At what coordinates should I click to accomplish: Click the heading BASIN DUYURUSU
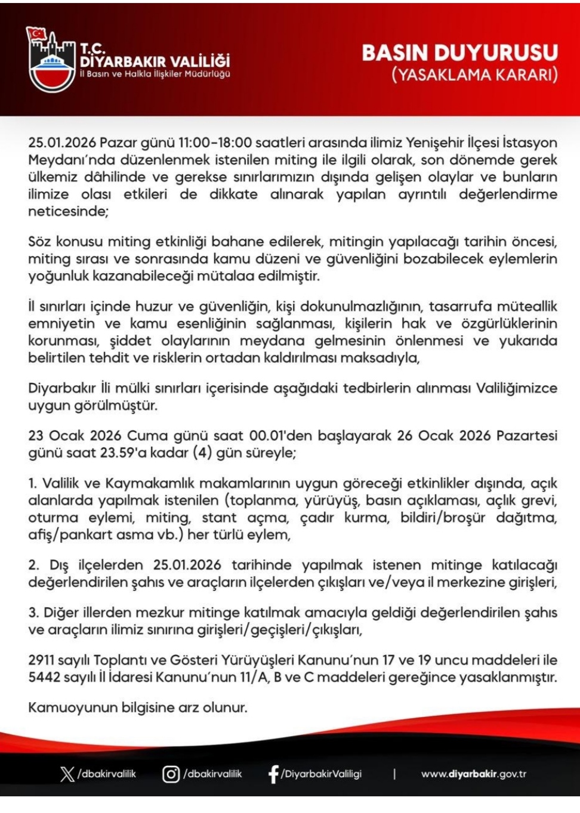click(x=459, y=53)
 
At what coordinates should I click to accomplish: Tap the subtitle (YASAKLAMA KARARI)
click(x=474, y=75)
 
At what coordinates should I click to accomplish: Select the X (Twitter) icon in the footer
click(x=67, y=774)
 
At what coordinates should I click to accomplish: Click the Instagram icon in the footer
click(x=171, y=774)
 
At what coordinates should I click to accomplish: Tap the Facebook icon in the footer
click(x=273, y=774)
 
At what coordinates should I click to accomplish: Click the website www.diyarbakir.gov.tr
click(x=473, y=774)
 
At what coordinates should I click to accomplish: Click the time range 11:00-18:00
click(x=215, y=143)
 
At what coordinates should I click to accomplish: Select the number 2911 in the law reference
click(x=41, y=660)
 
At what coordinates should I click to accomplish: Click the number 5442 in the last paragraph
click(x=41, y=678)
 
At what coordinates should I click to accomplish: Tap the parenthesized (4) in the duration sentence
click(x=202, y=453)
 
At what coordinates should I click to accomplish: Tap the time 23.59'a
click(x=122, y=453)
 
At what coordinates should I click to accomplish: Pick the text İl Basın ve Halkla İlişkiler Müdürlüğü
click(x=155, y=75)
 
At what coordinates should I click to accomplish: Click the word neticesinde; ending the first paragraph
click(x=68, y=212)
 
